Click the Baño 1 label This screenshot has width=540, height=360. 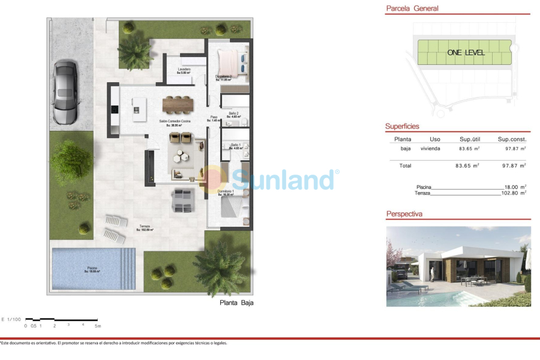coord(236,146)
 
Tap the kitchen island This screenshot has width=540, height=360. coord(136,108)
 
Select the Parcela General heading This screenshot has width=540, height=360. coord(412,8)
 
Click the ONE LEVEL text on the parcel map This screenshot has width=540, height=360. coord(466,53)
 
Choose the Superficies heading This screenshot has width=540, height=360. coord(402,127)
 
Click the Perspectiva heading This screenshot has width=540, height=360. coord(404,214)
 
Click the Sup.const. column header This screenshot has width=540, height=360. coord(512,139)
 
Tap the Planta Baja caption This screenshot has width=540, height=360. coord(236,303)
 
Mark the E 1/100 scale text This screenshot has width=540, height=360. coord(11,319)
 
